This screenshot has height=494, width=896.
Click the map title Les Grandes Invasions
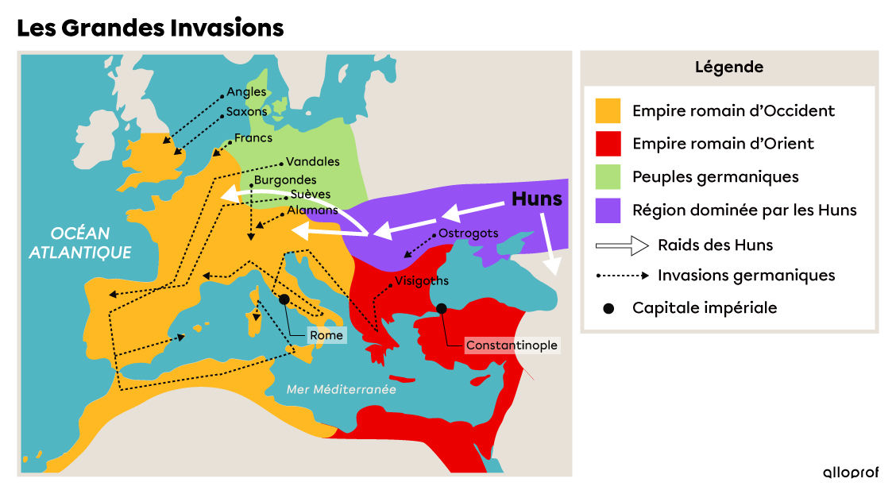pos(150,28)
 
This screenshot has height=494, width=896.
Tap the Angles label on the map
pos(246,92)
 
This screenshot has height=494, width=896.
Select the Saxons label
pos(247,112)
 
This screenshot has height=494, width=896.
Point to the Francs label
pos(253,138)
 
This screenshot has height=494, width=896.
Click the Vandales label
pos(312,161)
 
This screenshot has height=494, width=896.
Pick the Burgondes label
pos(285,180)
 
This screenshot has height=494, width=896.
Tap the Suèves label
pos(311,194)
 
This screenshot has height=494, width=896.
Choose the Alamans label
pos(312,210)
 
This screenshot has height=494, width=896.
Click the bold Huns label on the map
pos(536,199)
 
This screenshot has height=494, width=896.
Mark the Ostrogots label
pos(468,233)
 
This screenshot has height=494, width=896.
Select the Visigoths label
pos(421,280)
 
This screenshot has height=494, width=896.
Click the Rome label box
pos(326,335)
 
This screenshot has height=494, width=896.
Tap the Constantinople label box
pos(512,345)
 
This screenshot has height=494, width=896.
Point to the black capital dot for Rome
pos(284,299)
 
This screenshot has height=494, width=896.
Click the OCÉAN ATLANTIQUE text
pos(80,243)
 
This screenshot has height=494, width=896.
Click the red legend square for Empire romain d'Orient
pos(608,144)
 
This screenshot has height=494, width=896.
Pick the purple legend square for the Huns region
pos(608,210)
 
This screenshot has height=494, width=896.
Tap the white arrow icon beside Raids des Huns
pos(622,245)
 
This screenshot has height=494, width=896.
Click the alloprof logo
pos(850,472)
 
